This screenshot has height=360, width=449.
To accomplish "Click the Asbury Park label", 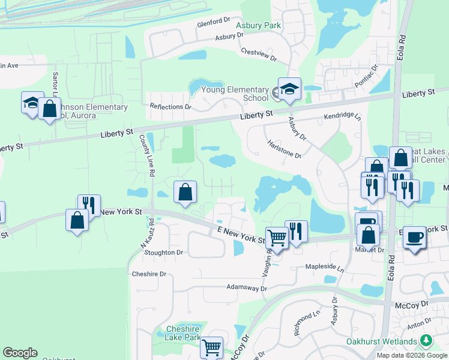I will (258, 26).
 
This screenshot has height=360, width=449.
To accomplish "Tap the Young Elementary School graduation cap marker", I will (289, 89).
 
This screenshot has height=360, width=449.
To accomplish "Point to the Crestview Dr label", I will (258, 55).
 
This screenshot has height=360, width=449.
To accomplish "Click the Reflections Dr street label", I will (170, 107).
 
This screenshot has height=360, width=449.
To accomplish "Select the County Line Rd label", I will (147, 155).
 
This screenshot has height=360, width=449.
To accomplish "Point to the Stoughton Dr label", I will (163, 253).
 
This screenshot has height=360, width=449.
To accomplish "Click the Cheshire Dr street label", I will (148, 274).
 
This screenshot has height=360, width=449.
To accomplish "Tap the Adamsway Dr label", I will (246, 288).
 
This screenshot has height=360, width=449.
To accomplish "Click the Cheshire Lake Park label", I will (182, 333).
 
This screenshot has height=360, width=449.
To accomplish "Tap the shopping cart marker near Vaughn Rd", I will (277, 237).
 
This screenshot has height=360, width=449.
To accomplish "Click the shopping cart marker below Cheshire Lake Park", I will (211, 346).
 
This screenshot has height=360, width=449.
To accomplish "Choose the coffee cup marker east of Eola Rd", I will (414, 236).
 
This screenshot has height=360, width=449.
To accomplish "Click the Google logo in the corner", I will (20, 353).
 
